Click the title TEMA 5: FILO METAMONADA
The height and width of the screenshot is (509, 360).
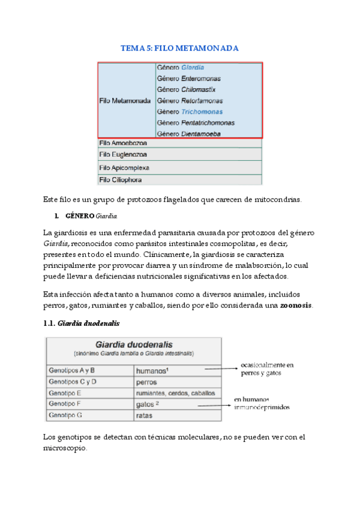pos(179,48)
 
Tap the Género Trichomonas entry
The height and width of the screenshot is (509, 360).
pos(190,112)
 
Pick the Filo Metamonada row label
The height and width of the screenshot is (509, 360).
pos(124,101)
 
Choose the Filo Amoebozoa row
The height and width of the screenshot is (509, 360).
pos(122,143)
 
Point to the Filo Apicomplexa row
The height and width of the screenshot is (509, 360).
pos(124,167)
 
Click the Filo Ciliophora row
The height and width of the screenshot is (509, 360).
pos(121,179)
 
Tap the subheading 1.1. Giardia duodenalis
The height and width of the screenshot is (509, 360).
pos(82,324)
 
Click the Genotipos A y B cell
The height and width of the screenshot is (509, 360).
pos(71,370)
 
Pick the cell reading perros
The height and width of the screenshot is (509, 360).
pos(146,382)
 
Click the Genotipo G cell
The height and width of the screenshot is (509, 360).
pos(65,415)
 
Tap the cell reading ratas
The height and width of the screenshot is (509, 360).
pos(145,415)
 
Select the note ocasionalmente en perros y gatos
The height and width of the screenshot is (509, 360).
pos(267,369)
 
